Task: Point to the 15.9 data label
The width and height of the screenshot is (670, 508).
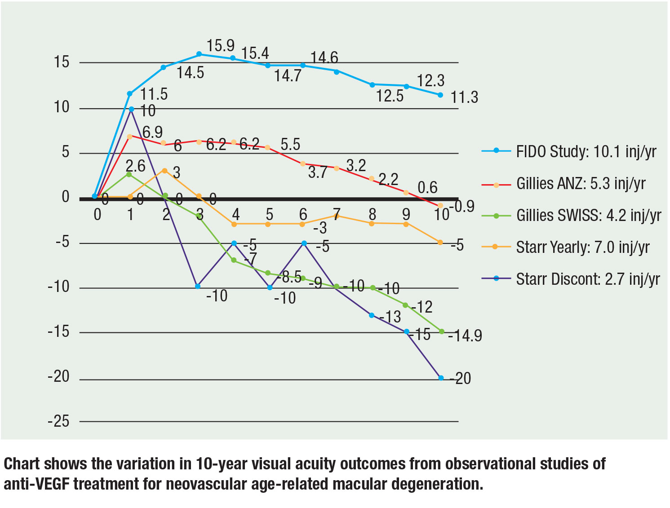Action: coord(220,46)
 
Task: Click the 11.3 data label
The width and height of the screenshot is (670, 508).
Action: coord(464,97)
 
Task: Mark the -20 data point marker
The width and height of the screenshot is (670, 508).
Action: coord(441,378)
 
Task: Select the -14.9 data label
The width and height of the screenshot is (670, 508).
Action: coord(466,336)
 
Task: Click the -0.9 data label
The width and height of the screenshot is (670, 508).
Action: coord(462,206)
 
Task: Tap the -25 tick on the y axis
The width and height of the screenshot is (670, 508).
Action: coord(59,421)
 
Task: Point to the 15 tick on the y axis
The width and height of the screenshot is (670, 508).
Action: coord(62,62)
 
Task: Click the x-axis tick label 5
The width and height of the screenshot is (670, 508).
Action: coord(269,215)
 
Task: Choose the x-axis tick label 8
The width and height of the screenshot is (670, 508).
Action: coord(372,215)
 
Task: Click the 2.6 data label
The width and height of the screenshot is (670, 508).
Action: coord(135,166)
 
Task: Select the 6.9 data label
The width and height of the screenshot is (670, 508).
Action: coord(152,133)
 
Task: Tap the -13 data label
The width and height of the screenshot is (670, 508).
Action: coord(390,317)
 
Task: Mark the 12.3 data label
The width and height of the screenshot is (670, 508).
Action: coord(430,81)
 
